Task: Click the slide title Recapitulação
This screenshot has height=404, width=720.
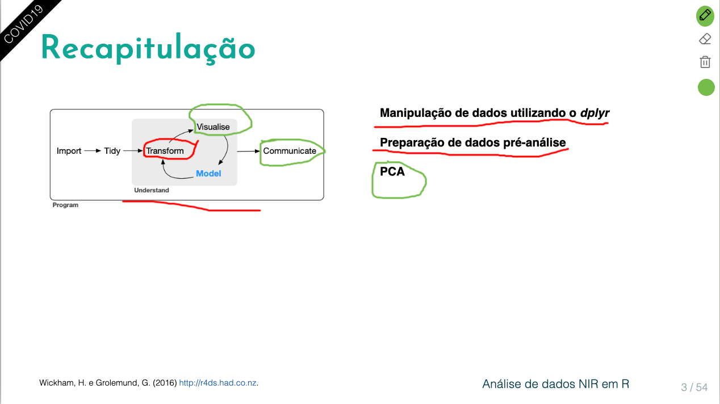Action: pyautogui.click(x=148, y=48)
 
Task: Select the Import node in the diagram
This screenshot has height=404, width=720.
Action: pyautogui.click(x=69, y=151)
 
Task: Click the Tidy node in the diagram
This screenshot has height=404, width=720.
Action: pyautogui.click(x=112, y=151)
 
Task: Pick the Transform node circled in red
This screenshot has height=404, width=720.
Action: pyautogui.click(x=165, y=151)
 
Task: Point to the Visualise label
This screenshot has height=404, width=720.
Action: pyautogui.click(x=213, y=127)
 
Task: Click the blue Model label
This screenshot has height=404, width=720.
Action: pyautogui.click(x=208, y=173)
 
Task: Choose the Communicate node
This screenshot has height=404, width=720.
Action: pyautogui.click(x=290, y=151)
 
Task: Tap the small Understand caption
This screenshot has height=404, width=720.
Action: pyautogui.click(x=152, y=190)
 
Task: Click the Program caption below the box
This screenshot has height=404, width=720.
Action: pyautogui.click(x=65, y=205)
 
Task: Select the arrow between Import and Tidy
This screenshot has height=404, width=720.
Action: pyautogui.click(x=92, y=151)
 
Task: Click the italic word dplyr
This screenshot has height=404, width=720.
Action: pyautogui.click(x=595, y=113)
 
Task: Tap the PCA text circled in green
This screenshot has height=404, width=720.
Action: pyautogui.click(x=392, y=171)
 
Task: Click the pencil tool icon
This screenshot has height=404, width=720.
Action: pyautogui.click(x=705, y=15)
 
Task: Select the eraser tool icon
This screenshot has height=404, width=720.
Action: pyautogui.click(x=705, y=39)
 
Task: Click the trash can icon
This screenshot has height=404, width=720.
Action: pyautogui.click(x=705, y=62)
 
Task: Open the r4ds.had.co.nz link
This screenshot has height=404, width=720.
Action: pyautogui.click(x=218, y=383)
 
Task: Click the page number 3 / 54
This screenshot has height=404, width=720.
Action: pyautogui.click(x=694, y=388)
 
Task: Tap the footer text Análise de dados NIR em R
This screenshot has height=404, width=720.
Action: pyautogui.click(x=555, y=384)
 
